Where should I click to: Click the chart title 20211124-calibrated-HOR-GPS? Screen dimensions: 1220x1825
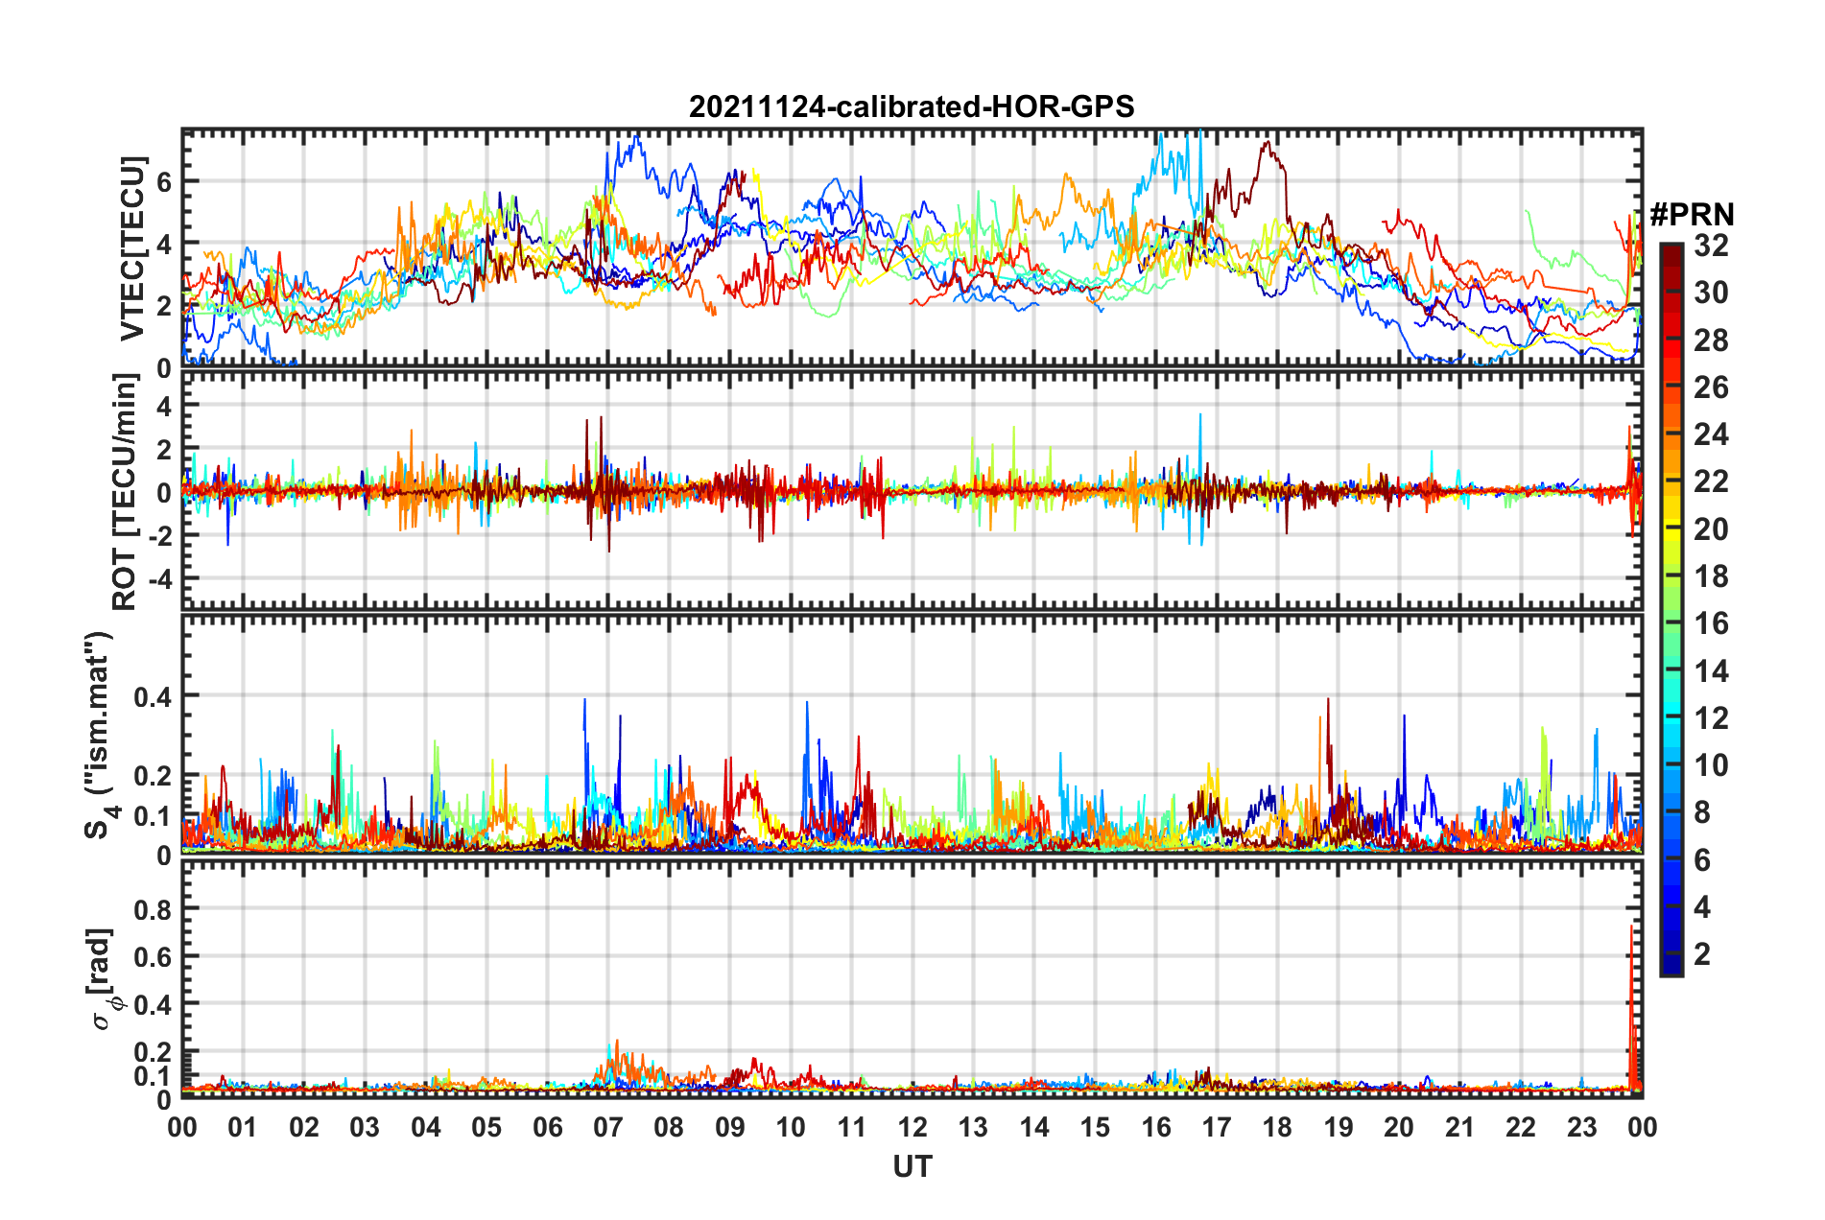point(912,106)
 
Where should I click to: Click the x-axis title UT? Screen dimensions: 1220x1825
point(912,1166)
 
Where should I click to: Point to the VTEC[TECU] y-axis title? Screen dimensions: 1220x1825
point(131,249)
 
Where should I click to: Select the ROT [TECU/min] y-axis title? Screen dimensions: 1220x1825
point(125,491)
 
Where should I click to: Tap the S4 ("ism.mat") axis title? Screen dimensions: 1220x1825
point(100,735)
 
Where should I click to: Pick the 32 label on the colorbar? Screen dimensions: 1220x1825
point(1711,246)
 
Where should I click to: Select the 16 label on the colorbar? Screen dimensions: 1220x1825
point(1711,623)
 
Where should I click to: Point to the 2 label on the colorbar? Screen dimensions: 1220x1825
point(1702,953)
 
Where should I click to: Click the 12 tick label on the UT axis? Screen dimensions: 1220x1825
point(912,1127)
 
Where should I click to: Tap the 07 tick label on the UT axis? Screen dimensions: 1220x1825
point(608,1127)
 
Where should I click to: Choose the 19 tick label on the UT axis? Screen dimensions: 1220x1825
point(1338,1127)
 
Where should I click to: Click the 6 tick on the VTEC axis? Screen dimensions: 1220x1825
point(164,181)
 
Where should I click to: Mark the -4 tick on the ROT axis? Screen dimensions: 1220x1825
point(157,579)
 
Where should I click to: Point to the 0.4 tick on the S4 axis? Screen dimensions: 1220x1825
point(153,696)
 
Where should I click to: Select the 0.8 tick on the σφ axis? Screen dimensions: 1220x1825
point(153,909)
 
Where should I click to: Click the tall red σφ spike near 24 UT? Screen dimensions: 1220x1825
point(1632,928)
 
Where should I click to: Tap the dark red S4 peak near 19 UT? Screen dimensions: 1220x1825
point(1328,700)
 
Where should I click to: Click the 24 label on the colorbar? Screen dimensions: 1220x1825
point(1711,434)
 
